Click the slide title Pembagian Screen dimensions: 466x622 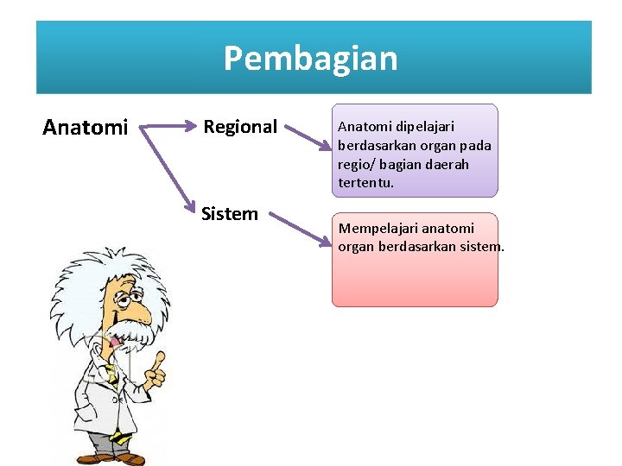pos(311,59)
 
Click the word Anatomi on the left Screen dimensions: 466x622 pos(86,129)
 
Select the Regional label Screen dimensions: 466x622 pos(240,127)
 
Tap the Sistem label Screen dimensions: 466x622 pos(230,213)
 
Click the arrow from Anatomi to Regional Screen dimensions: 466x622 pos(168,127)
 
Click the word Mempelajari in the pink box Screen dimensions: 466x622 pos(376,229)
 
